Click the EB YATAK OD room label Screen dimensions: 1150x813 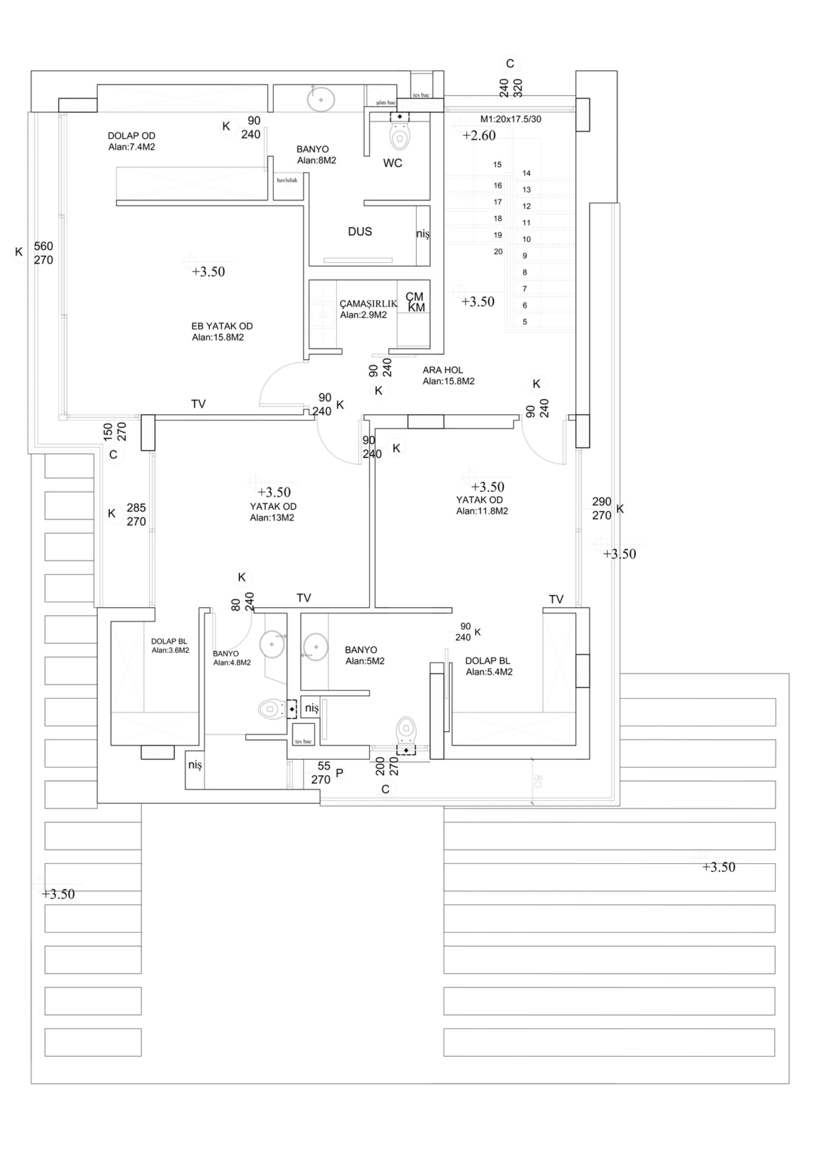tap(222, 327)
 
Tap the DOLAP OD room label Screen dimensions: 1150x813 tap(132, 136)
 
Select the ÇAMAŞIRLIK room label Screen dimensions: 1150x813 tap(368, 304)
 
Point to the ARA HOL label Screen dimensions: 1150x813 tap(443, 370)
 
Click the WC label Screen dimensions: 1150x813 tap(392, 163)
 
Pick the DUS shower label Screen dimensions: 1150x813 tap(360, 231)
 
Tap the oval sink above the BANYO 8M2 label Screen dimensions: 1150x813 tap(321, 100)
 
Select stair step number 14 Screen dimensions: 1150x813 tap(526, 173)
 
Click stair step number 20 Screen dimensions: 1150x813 tap(498, 252)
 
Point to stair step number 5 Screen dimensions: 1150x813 tap(525, 322)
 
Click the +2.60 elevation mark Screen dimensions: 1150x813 tap(479, 136)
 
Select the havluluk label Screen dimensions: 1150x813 tap(287, 180)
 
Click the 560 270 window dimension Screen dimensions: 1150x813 tap(44, 253)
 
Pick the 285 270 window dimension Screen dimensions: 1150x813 tap(136, 514)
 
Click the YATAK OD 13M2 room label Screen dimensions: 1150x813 tap(273, 507)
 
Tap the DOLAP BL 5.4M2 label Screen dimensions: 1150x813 tap(487, 661)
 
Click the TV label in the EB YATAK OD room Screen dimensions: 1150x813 tap(199, 404)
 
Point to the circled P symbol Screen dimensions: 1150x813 tap(339, 773)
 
